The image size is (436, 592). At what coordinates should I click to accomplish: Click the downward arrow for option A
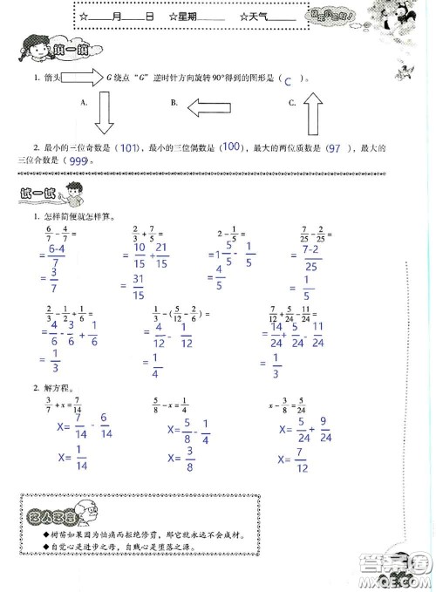[x=104, y=112]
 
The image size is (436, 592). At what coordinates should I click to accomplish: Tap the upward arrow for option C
[x=311, y=111]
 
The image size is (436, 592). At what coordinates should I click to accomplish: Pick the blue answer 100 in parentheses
[x=230, y=146]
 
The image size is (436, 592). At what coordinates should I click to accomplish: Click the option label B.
[x=175, y=103]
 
